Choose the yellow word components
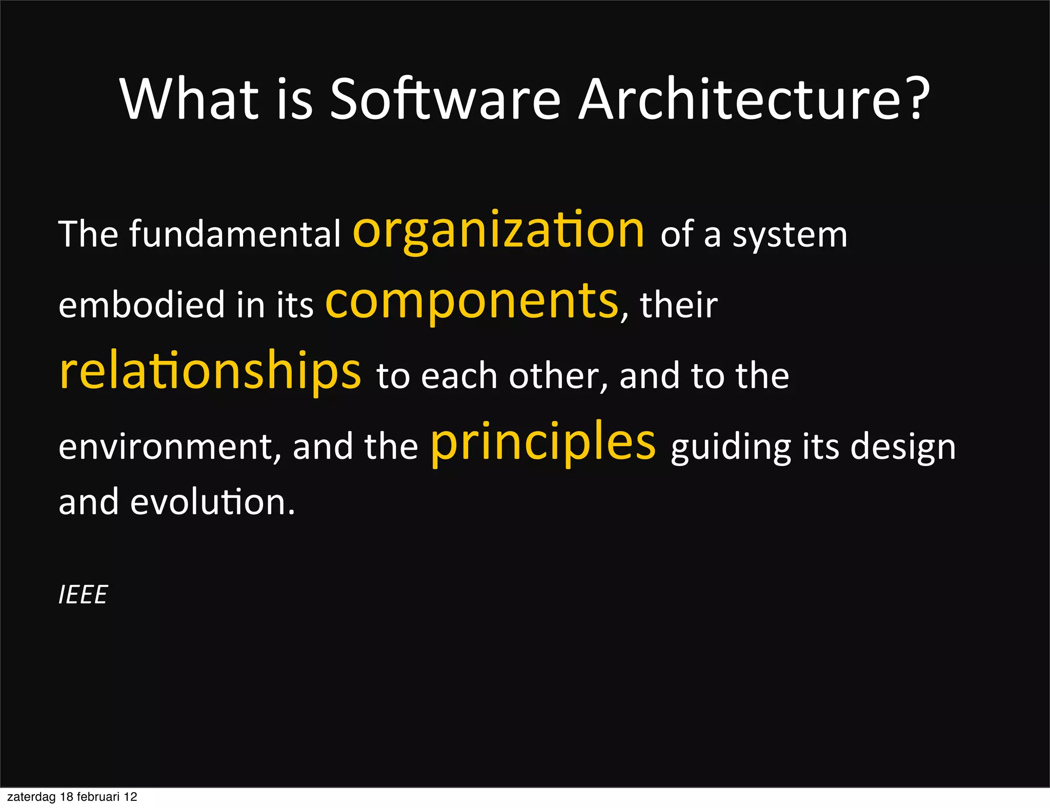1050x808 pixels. pyautogui.click(x=472, y=301)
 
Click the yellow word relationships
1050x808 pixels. pyautogui.click(x=210, y=371)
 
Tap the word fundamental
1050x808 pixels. pyautogui.click(x=234, y=235)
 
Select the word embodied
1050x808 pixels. pyautogui.click(x=142, y=305)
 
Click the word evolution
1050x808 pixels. pyautogui.click(x=212, y=502)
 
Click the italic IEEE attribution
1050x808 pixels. pyautogui.click(x=83, y=595)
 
